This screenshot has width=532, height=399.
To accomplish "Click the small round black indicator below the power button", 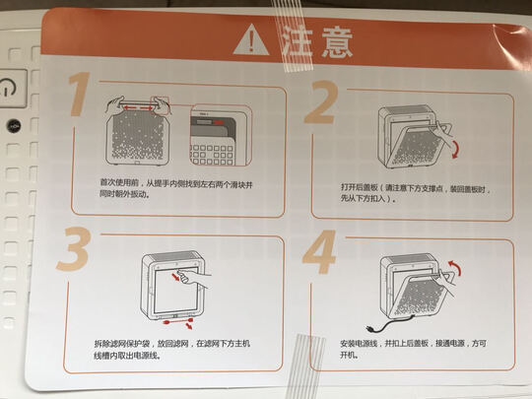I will coord(14,126).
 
